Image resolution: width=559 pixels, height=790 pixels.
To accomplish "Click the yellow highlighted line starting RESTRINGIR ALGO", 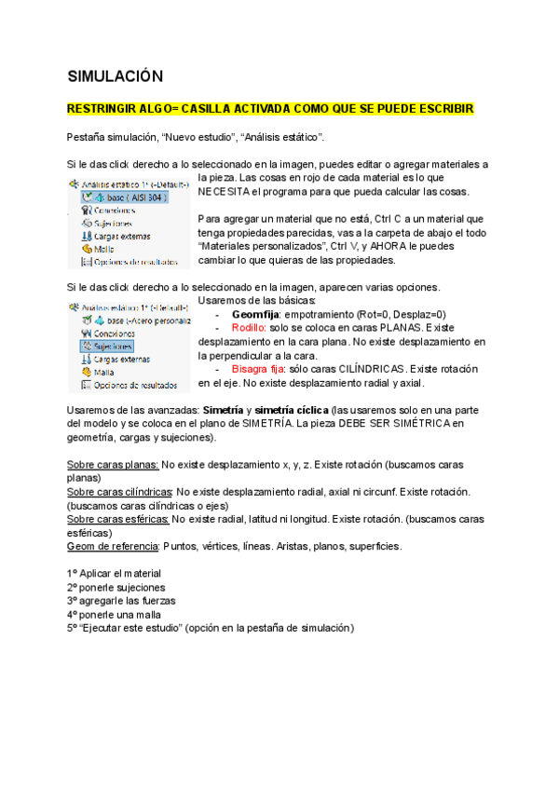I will pos(270,109).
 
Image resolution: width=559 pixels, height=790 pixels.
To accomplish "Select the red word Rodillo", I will pos(249,328).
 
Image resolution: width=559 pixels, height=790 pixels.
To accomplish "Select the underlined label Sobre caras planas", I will pos(112,464).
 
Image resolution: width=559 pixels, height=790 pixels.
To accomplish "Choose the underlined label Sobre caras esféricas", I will pos(118,519).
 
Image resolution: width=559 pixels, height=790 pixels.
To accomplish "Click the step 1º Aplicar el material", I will pos(114,573).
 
